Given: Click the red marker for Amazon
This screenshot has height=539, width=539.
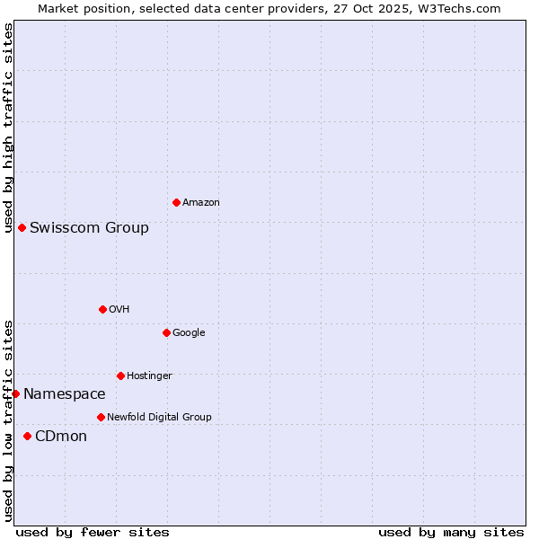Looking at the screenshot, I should pos(176,202).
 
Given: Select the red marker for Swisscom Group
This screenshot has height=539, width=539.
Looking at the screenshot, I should pos(22,227).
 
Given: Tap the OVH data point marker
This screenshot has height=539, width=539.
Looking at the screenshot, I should pos(102,309).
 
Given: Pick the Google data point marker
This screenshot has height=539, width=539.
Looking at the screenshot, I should pos(166,332).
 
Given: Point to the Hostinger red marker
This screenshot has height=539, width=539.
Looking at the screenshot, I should pos(120,376).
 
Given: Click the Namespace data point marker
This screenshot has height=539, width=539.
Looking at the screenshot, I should pos(15,393).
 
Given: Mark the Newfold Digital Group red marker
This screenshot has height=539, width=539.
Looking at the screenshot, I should pos(101,417).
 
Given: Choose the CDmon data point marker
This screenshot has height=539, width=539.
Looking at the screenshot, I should pos(27,436).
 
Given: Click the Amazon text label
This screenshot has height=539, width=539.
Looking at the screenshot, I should pos(200,203).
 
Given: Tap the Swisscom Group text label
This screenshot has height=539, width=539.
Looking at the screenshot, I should pos(89,228).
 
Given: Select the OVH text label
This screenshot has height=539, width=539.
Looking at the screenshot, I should pos(119,310).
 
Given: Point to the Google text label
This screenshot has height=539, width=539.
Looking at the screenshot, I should pos(189,333).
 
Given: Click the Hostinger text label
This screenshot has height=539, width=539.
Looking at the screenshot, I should pos(149,376).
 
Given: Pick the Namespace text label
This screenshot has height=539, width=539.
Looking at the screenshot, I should pos(64,394).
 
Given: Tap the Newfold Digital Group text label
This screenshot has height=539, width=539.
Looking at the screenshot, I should pos(159,418).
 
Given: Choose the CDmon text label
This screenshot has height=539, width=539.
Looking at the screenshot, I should pos(61,437).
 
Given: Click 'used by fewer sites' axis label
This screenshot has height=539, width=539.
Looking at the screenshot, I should pos(93,532).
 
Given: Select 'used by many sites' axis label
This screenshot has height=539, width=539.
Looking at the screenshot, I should pos(451,532).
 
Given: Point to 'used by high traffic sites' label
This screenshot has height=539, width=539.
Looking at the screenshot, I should pos(8,128).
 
